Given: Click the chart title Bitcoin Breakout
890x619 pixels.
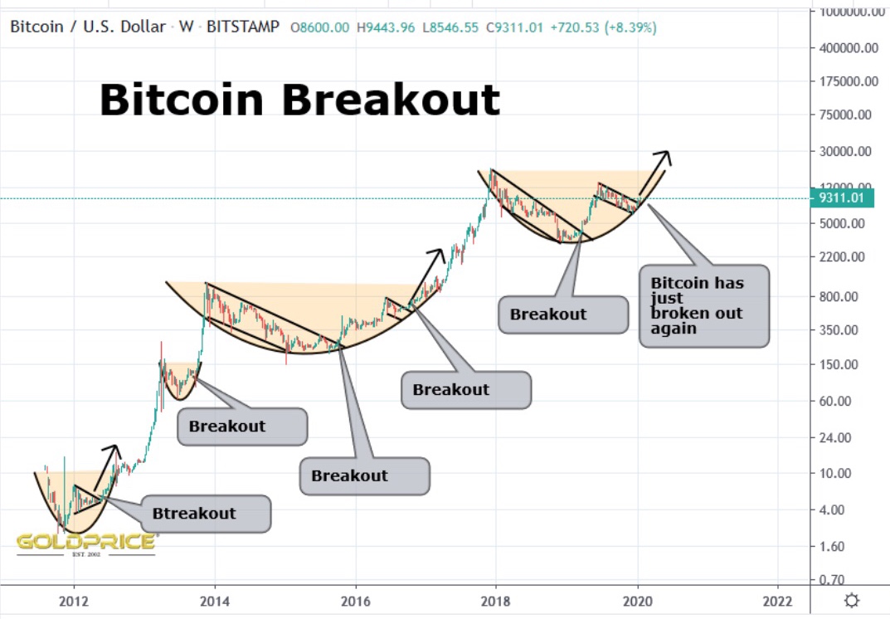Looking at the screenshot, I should (299, 100).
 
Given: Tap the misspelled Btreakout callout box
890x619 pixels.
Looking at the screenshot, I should (206, 514).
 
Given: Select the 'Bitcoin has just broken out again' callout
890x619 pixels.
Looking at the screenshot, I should (703, 305).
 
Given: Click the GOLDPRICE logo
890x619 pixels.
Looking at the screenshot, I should (86, 543).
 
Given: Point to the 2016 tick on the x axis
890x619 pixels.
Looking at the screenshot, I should (355, 601).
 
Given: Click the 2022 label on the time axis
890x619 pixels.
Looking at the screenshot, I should (777, 601).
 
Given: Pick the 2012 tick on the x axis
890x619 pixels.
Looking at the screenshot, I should (74, 601).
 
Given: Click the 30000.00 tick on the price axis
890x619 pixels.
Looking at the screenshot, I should (845, 152).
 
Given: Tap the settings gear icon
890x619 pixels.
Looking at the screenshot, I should (851, 601).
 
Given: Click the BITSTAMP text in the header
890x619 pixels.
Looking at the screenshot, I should (242, 27).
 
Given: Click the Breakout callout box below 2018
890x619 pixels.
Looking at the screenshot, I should (562, 314).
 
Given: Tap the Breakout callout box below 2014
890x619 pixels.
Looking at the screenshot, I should (242, 426).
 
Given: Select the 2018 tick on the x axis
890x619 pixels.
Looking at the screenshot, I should (496, 601).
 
